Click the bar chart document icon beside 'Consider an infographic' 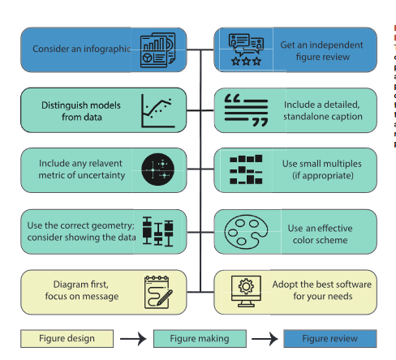[157, 48]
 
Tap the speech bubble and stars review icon [244, 49]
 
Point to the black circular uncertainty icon [158, 169]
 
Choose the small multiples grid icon [245, 169]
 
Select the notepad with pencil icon [157, 291]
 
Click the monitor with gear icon [244, 291]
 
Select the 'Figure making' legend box [200, 338]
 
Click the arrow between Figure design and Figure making [131, 338]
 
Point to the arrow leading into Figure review [263, 338]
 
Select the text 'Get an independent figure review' [321, 49]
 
